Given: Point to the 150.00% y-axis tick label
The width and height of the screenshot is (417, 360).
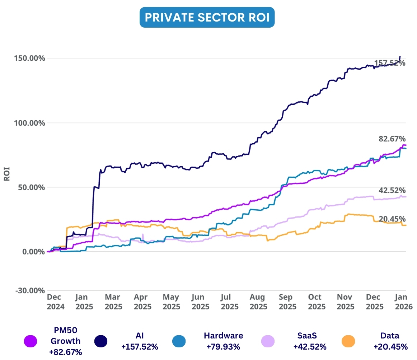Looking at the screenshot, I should (x=30, y=58).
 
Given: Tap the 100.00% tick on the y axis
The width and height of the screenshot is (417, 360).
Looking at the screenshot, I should (x=30, y=123).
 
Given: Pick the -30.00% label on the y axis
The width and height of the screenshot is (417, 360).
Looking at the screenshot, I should (x=30, y=290).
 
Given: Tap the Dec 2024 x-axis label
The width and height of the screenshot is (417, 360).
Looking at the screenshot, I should (x=55, y=302).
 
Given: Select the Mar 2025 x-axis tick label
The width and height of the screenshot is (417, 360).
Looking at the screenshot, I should (x=113, y=302).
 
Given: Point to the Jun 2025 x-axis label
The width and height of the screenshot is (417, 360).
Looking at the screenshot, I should (x=198, y=302).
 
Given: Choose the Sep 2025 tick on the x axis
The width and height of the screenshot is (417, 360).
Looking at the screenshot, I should (x=286, y=302).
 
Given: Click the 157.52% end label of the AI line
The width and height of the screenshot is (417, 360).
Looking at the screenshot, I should (x=390, y=63).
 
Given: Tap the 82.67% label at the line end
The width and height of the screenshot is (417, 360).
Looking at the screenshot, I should (x=392, y=139).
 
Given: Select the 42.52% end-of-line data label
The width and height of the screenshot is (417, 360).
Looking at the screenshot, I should (x=392, y=190).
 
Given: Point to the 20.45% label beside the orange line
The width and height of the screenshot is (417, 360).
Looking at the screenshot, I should (x=392, y=219).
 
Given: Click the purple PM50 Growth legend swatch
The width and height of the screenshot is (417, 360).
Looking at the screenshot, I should (x=31, y=341).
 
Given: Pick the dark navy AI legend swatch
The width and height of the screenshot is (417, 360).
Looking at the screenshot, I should (x=101, y=341).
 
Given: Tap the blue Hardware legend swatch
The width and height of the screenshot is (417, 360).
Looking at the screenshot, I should (x=179, y=341).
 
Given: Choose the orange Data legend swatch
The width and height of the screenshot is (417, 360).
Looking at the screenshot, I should (x=348, y=341).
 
